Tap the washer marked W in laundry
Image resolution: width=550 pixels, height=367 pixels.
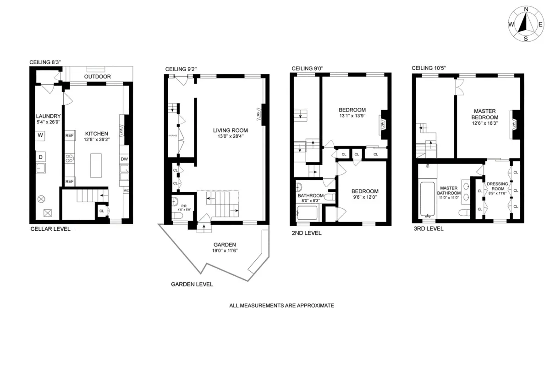click(40, 135)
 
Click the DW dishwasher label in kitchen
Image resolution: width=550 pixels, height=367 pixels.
click(124, 159)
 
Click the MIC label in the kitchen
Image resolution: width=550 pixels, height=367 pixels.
click(126, 190)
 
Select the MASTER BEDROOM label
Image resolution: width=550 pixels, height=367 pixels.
click(485, 114)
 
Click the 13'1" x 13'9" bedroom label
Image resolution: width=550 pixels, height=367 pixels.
click(352, 113)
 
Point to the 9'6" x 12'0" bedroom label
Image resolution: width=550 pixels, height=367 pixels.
click(365, 195)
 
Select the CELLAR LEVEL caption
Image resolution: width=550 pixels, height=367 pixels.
click(50, 228)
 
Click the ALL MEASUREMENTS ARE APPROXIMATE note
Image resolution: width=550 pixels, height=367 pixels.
click(282, 305)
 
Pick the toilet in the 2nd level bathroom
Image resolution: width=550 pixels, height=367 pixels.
click(330, 197)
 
